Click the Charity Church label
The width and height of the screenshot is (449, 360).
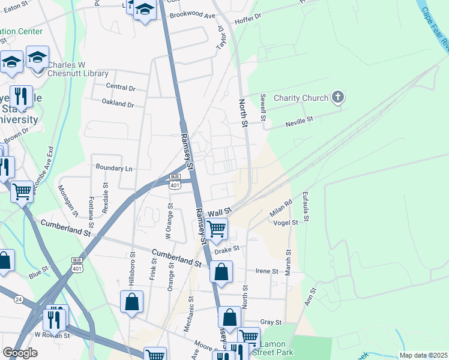(x=301, y=98)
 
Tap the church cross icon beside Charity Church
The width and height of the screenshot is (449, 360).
(x=338, y=97)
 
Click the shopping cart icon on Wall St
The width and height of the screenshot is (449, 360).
(x=216, y=228)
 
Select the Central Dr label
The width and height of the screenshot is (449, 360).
(x=121, y=87)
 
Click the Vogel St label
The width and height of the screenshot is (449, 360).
(x=286, y=223)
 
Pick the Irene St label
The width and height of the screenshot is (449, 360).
(x=267, y=271)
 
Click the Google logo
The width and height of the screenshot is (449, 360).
(x=20, y=352)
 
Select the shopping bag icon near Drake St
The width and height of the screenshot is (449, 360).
(x=221, y=272)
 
